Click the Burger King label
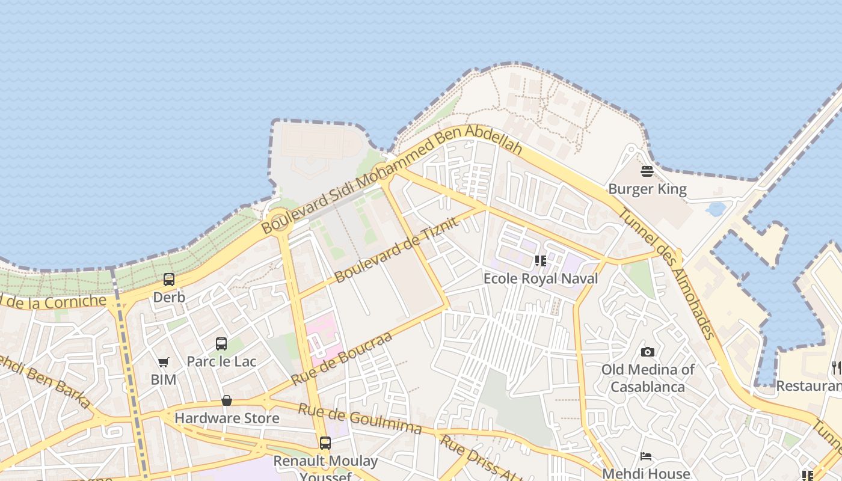tap(647, 189)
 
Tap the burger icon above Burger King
tap(647, 171)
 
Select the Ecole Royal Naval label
tap(541, 278)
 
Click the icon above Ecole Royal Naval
tap(540, 261)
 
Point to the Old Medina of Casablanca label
tap(648, 378)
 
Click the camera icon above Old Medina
tap(648, 352)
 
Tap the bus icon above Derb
tap(169, 280)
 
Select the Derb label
tap(169, 298)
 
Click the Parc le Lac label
tap(221, 361)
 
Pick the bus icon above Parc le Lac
tap(221, 344)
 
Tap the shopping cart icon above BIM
tap(163, 362)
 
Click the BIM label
tap(163, 380)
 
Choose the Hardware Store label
tap(227, 418)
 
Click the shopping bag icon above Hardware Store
tap(227, 400)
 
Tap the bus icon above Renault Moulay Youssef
tap(325, 443)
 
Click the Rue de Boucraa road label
tap(342, 358)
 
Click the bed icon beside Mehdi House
tap(646, 456)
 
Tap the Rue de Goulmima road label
tap(360, 419)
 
